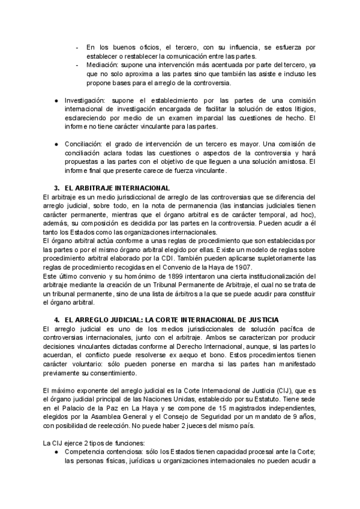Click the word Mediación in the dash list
click(x=102, y=63)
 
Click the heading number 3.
click(x=56, y=188)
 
